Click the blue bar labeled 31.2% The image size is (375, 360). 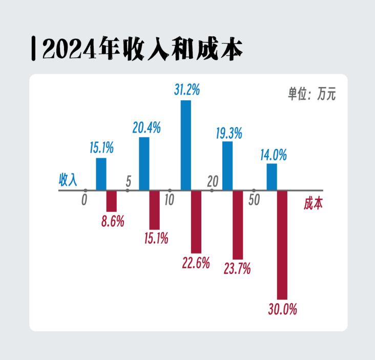click(x=185, y=145)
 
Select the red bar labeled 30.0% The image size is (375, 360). click(x=282, y=245)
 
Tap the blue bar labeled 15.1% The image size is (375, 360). click(x=101, y=174)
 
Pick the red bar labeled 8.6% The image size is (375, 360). click(x=111, y=201)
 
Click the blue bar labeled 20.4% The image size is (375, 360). click(x=144, y=164)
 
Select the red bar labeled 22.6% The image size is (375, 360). click(x=196, y=222)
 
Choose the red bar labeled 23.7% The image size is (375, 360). click(x=238, y=225)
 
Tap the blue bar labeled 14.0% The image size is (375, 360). click(x=272, y=177)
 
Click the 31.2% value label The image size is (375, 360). click(x=186, y=91)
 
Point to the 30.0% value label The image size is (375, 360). click(x=282, y=310)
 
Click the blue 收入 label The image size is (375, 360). click(x=68, y=180)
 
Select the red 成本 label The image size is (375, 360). click(x=313, y=203)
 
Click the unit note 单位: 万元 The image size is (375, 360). click(x=311, y=94)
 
